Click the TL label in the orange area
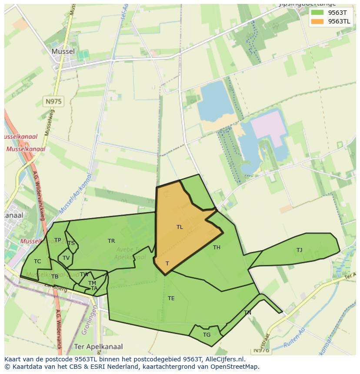(x=180, y=227)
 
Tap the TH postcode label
(x=217, y=248)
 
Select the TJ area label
(x=299, y=250)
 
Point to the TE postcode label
(x=171, y=298)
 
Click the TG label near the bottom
(x=207, y=335)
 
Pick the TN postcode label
(x=247, y=313)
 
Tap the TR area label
(x=111, y=241)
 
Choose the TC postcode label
(x=37, y=261)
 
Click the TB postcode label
(x=54, y=277)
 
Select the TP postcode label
(x=57, y=240)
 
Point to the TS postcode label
(x=71, y=243)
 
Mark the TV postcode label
(x=66, y=258)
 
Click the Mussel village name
(x=63, y=51)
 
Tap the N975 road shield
(x=53, y=102)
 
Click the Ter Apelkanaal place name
(x=99, y=347)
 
